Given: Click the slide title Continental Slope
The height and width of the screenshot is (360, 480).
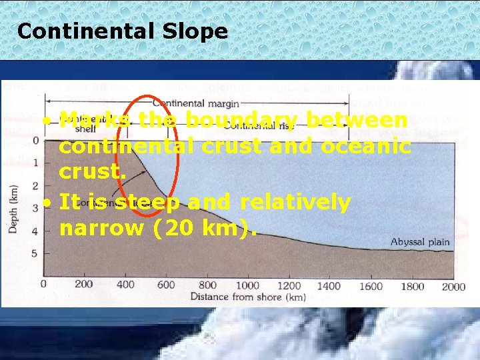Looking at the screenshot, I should pyautogui.click(x=122, y=31).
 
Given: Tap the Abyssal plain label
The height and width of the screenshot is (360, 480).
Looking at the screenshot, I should pyautogui.click(x=420, y=242).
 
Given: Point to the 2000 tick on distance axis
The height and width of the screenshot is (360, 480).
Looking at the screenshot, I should pyautogui.click(x=453, y=285).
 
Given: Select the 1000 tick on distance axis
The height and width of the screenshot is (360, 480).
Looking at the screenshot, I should pyautogui.click(x=247, y=285).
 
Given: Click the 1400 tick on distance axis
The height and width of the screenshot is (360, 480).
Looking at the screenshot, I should pyautogui.click(x=329, y=285).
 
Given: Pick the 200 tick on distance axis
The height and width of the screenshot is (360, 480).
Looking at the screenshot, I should pyautogui.click(x=84, y=285).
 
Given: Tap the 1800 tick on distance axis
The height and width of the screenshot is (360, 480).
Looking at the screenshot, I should pyautogui.click(x=412, y=285).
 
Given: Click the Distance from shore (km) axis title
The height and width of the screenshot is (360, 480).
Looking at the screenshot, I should pyautogui.click(x=248, y=297).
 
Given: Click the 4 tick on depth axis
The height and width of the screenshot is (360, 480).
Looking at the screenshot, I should pyautogui.click(x=36, y=231).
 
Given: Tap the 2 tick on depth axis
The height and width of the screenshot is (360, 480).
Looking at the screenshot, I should pyautogui.click(x=36, y=185).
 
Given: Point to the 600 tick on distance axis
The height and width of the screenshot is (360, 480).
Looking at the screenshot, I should pyautogui.click(x=165, y=285).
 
